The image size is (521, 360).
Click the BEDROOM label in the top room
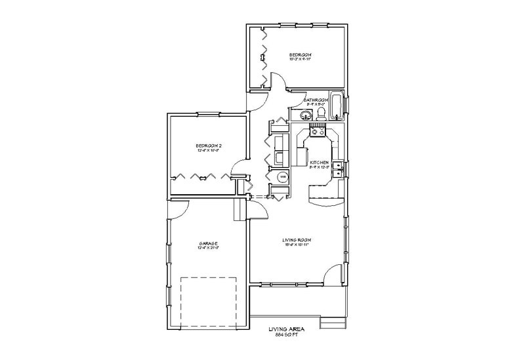point(300,54)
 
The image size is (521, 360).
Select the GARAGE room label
point(209,244)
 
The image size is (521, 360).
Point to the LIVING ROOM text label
point(296,241)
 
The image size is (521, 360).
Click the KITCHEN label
point(320,162)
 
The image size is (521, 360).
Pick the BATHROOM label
point(316,100)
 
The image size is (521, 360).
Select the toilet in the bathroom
point(320,115)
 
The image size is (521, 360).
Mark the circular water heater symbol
point(282,177)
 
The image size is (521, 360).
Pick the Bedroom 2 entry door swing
point(241,168)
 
